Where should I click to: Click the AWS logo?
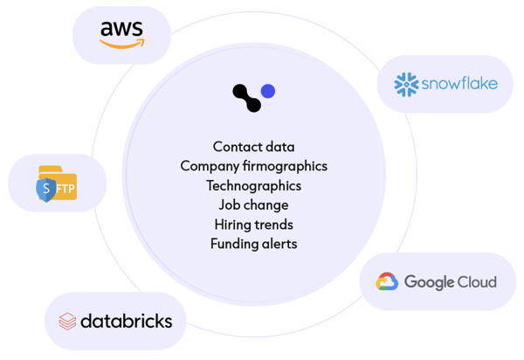point(122,35)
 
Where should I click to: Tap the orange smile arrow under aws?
point(122,44)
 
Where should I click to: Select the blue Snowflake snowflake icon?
point(406,85)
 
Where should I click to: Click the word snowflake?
point(459,84)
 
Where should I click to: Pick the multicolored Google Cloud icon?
point(387,281)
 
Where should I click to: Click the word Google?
point(430,282)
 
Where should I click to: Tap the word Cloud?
point(477,281)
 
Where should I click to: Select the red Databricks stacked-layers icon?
point(67,322)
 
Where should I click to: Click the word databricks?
point(127,321)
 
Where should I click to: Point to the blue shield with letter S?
point(46,190)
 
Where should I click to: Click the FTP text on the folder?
point(65,190)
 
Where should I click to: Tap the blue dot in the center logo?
point(268,91)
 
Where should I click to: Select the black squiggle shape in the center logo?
point(246,98)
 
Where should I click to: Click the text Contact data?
point(253,147)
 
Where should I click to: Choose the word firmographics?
point(285,167)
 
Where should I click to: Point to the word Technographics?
point(253,186)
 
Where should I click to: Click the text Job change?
point(253,205)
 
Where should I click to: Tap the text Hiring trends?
point(253,225)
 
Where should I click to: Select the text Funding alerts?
point(253,244)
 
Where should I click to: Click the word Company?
point(210,167)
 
